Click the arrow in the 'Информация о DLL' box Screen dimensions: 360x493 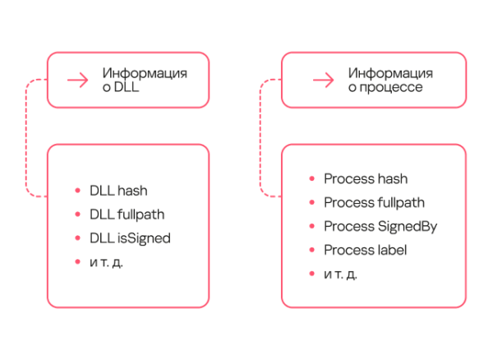tap(78, 80)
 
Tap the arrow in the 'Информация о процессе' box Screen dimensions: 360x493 tap(322, 80)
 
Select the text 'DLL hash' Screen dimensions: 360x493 tap(118, 191)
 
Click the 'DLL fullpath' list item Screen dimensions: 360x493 tap(127, 215)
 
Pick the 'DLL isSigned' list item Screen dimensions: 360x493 tap(131, 238)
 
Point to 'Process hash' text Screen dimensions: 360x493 tap(366, 178)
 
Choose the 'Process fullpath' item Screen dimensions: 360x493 tap(374, 202)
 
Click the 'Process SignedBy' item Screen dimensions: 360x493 tap(380, 226)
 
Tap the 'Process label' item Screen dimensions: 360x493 tap(366, 250)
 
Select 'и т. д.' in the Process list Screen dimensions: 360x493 tap(341, 274)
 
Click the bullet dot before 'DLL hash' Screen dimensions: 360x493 tap(77, 191)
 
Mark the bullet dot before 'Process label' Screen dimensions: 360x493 tap(311, 250)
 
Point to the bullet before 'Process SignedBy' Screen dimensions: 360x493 tap(311, 226)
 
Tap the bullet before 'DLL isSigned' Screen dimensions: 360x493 tap(77, 238)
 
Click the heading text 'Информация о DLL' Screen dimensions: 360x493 tap(144, 80)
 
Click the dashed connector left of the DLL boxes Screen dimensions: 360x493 tap(27, 138)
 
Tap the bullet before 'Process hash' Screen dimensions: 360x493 tap(311, 178)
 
